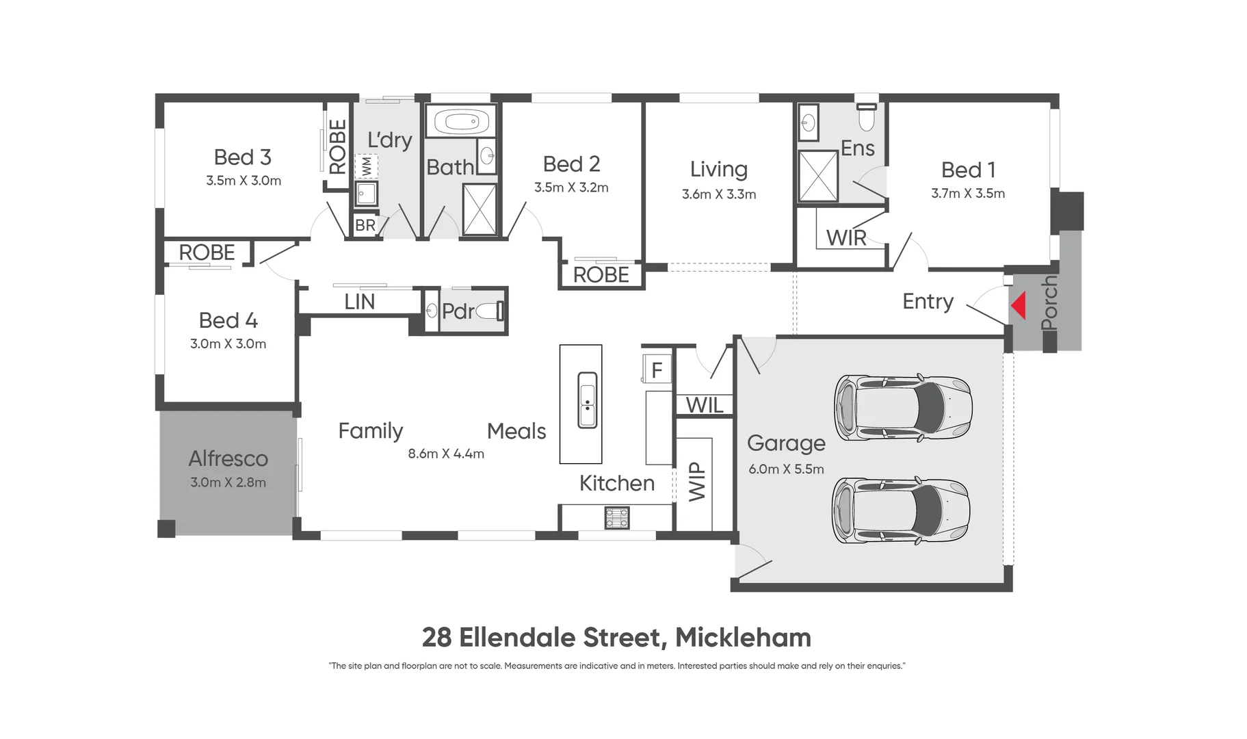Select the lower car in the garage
pos(900,511)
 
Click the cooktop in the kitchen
pos(616,518)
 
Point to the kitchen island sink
pos(587,400)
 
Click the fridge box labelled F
pos(657,370)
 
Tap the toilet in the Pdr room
pos(489,311)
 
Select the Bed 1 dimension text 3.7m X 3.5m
pos(967,194)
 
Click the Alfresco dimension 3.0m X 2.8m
pos(228,482)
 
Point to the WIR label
pos(846,238)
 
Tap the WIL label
pos(704,405)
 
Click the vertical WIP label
pos(696,481)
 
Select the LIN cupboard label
pos(359,302)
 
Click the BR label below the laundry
pos(365,225)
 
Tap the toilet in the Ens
pos(867,118)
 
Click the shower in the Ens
pos(818,177)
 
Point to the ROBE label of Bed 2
pos(601,275)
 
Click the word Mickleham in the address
pos(743,638)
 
